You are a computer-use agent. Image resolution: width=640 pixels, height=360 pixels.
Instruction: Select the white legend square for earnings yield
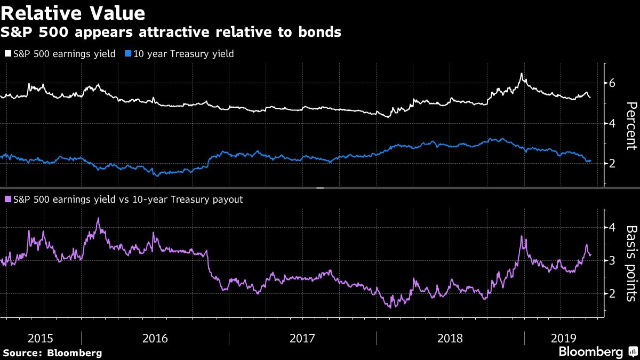7,54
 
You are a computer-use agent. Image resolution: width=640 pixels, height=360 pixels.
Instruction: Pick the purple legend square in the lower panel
7,199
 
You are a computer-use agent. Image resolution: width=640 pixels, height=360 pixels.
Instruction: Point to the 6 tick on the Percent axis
612,83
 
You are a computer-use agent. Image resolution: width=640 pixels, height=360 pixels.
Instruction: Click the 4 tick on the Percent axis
612,123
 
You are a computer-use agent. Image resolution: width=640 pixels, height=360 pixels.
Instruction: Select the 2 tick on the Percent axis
612,163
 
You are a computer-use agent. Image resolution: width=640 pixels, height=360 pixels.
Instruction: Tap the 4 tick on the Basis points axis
612,228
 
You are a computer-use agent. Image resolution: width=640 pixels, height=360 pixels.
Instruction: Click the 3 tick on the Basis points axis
612,260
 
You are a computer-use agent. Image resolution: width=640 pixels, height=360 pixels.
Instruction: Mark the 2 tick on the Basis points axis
612,293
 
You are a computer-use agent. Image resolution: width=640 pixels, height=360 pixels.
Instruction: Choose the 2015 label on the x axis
41,338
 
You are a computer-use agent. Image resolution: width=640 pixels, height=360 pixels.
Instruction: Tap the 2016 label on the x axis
155,338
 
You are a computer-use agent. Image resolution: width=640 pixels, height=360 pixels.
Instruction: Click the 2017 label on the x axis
302,338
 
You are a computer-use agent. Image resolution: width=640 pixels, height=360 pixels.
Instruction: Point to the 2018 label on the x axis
450,338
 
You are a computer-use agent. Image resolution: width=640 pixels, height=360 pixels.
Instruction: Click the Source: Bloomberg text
52,353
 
